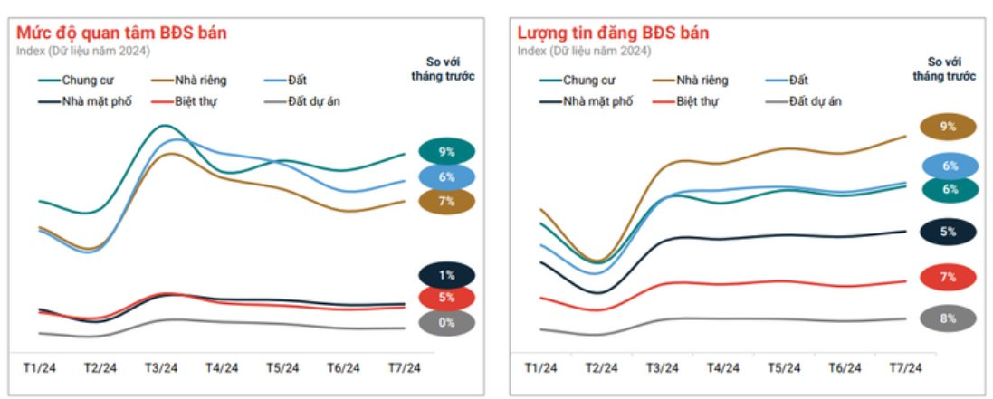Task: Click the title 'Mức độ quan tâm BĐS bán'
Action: coord(121,33)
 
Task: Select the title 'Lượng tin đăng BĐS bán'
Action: coord(613,33)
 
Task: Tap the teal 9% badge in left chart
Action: coord(446,152)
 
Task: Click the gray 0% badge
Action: coord(446,322)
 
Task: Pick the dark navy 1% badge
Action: coord(446,274)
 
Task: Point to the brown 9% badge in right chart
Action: coord(948,127)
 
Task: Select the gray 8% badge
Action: coord(948,318)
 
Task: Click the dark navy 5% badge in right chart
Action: coord(948,232)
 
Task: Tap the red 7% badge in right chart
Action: coord(948,277)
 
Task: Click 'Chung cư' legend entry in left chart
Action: coord(87,80)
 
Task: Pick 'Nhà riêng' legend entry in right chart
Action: coord(702,80)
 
